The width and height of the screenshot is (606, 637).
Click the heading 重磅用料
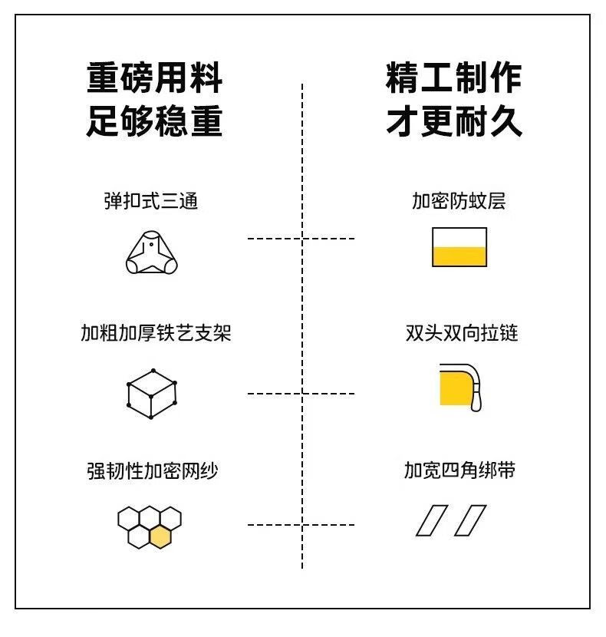tap(154, 79)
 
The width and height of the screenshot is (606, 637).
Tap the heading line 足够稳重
tap(154, 121)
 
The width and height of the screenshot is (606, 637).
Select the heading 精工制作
tap(454, 79)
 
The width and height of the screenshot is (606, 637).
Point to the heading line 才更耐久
tap(454, 121)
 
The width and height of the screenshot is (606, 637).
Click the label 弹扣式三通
tap(151, 201)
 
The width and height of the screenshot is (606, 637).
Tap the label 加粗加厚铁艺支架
tap(156, 334)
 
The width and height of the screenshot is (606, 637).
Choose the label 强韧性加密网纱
tap(152, 470)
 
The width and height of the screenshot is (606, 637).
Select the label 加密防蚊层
tap(459, 201)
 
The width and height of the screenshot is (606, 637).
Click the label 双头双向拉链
tap(462, 334)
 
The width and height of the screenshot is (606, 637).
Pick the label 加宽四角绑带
tap(459, 470)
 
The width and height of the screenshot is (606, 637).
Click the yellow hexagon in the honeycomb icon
tap(160, 537)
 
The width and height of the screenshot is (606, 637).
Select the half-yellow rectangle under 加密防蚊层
tap(459, 247)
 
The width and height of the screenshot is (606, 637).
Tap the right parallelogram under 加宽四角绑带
tap(469, 520)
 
